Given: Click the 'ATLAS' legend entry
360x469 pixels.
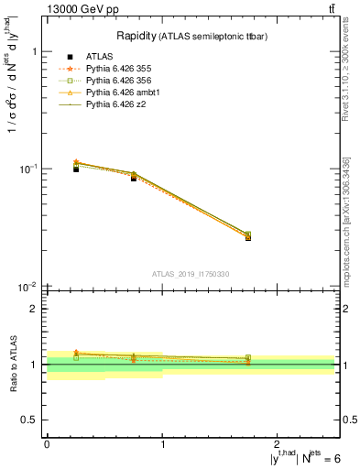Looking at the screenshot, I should pos(99,57).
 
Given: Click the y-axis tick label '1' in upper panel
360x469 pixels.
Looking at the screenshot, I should pos(33,52).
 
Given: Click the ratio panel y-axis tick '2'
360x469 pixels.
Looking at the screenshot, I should pos(33,310).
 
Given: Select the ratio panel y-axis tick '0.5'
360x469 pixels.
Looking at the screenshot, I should pos(28,420).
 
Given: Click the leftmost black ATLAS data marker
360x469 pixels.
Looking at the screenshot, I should pos(76,169).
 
